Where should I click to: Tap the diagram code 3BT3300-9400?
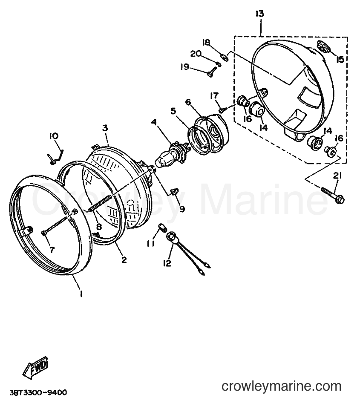coord(39,392)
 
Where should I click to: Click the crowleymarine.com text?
coord(282,386)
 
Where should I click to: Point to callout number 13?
coord(259,14)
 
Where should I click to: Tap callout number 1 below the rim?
coord(81,294)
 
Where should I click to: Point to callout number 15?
coord(340,59)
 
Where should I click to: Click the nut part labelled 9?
coord(174,192)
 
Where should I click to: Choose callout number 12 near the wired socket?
coord(167,263)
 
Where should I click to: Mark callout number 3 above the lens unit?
coord(105,128)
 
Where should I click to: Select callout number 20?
coord(196,54)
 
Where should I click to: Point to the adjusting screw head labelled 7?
coord(43,233)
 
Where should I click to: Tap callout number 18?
coord(207,42)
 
